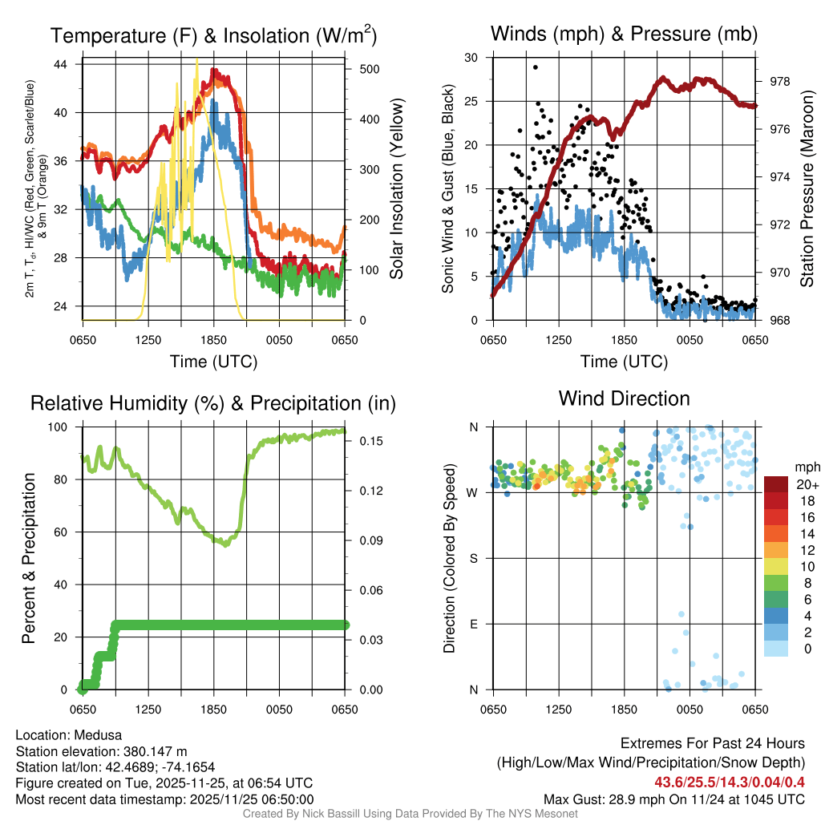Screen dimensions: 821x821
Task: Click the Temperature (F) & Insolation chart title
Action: point(213,36)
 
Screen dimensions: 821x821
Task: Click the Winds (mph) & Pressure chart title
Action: point(624,34)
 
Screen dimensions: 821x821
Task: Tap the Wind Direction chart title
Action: point(624,398)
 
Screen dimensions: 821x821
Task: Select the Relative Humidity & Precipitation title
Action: point(213,402)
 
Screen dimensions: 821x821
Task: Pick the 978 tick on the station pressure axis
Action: point(778,81)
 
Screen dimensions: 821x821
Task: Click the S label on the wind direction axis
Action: point(474,558)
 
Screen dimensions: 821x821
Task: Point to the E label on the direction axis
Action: point(474,624)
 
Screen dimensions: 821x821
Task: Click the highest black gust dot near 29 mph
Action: point(535,67)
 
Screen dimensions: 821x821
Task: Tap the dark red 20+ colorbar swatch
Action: point(777,484)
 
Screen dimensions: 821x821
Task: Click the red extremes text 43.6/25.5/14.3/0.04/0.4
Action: point(730,782)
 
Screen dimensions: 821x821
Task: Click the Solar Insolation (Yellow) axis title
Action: point(397,189)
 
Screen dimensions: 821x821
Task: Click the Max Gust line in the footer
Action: point(673,799)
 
